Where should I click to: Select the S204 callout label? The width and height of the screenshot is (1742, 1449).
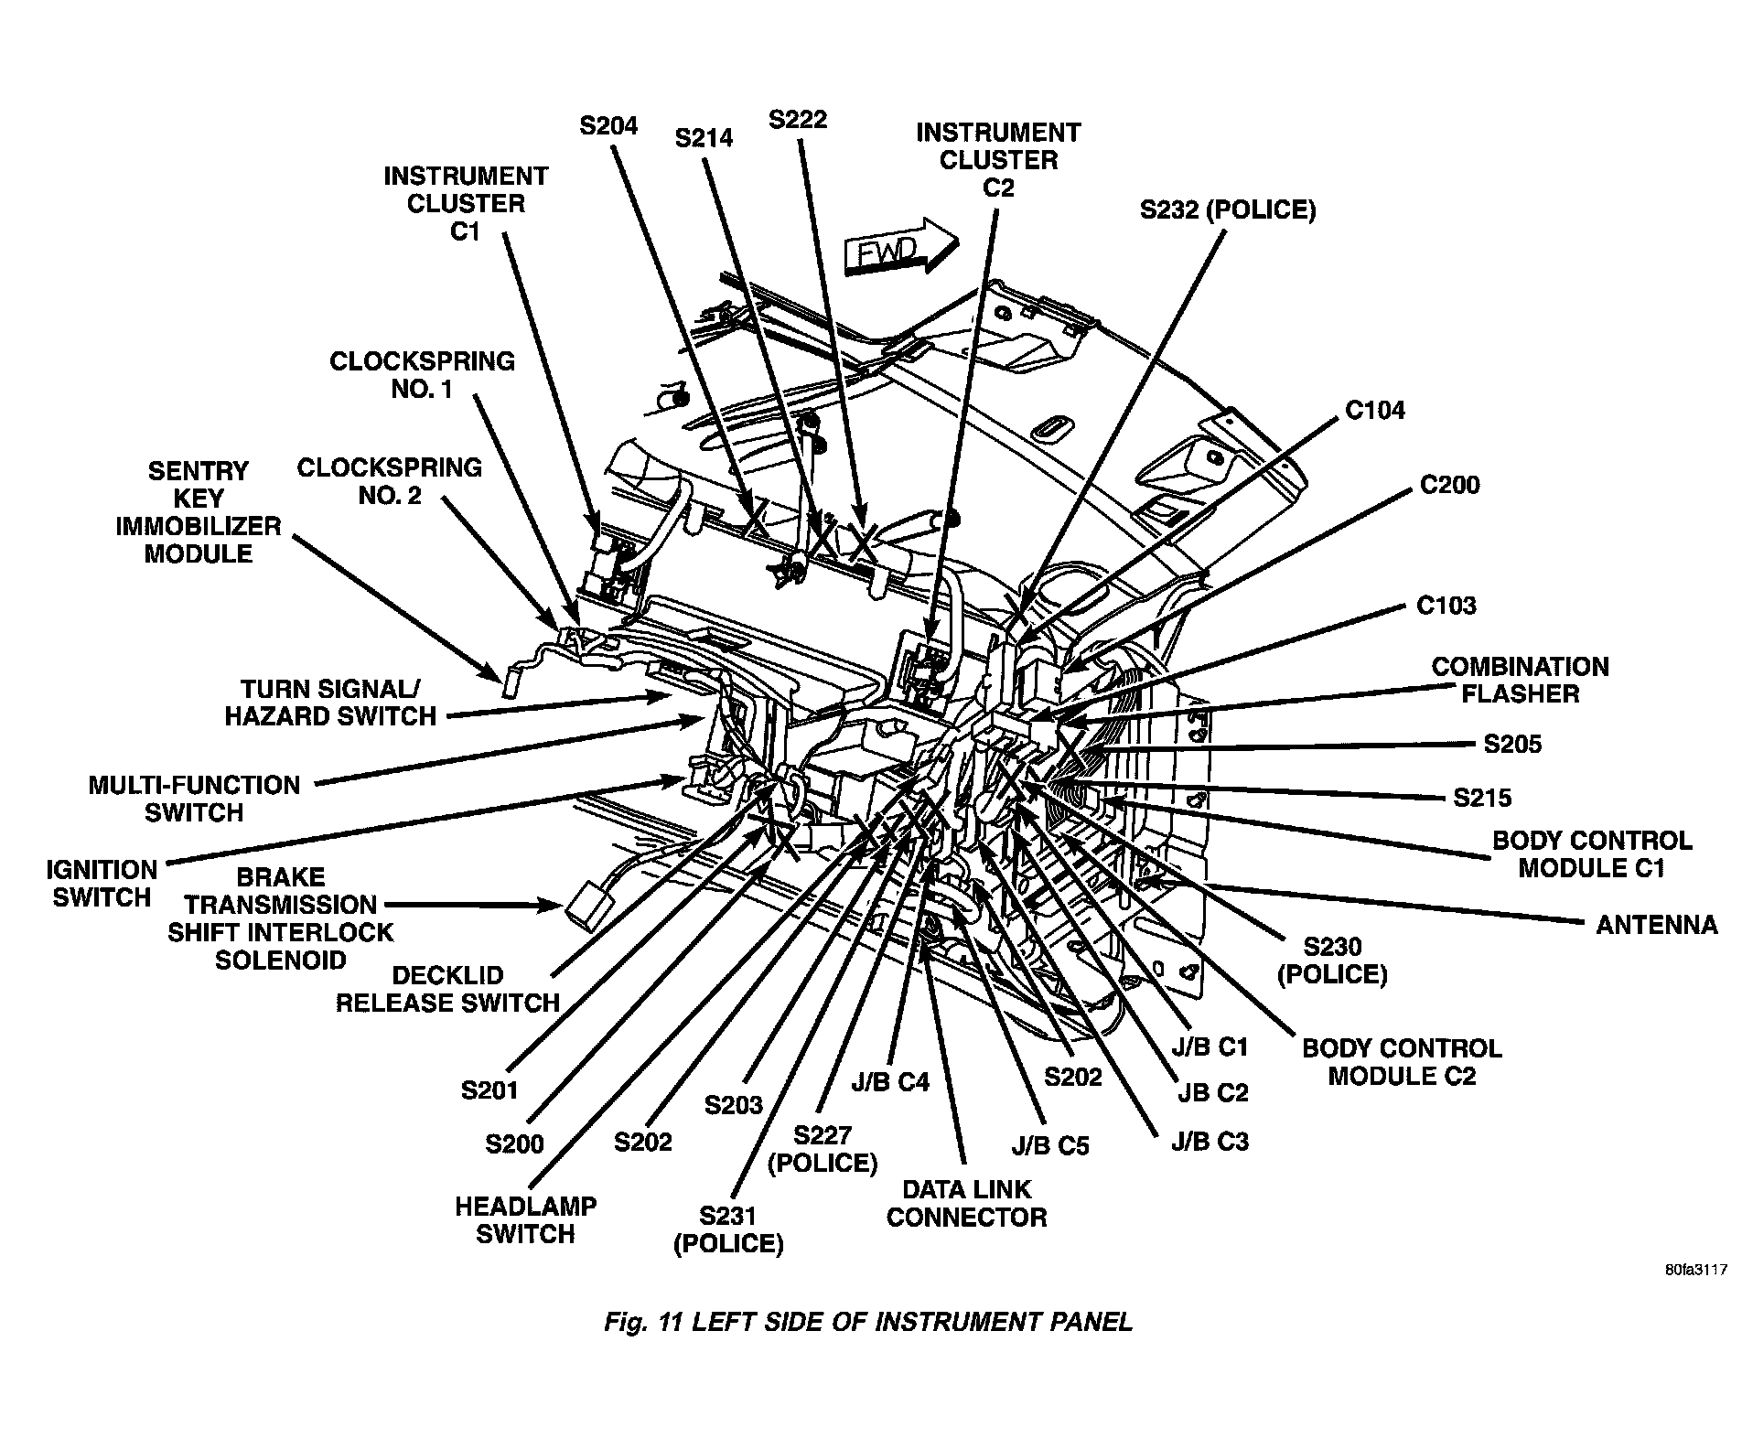coord(608,125)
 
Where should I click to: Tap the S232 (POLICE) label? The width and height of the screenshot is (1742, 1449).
coord(1227,210)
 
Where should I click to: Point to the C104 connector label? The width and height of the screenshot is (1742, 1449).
coord(1374,410)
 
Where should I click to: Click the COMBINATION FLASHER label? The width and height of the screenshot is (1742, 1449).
coord(1520,680)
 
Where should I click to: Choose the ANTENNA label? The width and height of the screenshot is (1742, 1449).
coord(1656,926)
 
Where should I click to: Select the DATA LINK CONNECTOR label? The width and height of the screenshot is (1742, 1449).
coord(966,1203)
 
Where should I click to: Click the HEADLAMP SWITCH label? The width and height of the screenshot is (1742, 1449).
coord(525,1219)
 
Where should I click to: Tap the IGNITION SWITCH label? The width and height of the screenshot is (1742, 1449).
coord(102,883)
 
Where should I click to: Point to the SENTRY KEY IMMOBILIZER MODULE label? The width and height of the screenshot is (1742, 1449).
coord(199,512)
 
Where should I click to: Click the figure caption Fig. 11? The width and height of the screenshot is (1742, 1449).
coord(867,1322)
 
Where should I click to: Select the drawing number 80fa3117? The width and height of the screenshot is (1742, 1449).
coord(1695,1271)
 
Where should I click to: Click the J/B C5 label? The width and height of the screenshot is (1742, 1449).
coord(1050,1146)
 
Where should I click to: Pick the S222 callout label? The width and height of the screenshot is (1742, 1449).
coord(798,120)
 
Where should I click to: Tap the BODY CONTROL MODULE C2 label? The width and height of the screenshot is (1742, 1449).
coord(1402,1061)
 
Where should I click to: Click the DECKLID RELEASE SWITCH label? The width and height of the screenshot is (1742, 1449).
coord(447,989)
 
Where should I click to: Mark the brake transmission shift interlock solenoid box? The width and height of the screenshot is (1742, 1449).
coord(582,907)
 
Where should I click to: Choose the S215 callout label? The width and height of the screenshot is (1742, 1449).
coord(1482,798)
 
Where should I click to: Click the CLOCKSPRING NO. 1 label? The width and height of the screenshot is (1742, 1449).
coord(422,375)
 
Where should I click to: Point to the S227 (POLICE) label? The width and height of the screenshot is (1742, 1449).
coord(823,1149)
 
